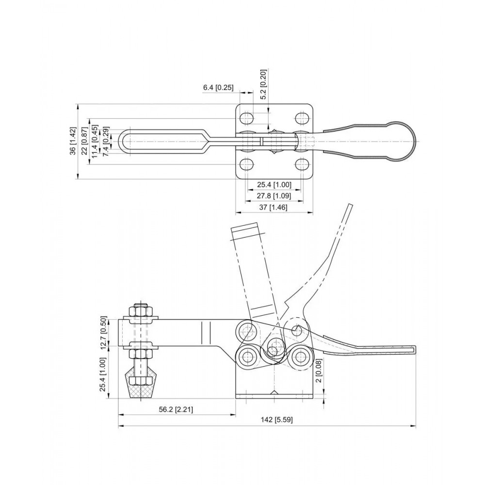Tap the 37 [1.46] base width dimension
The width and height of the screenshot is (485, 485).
(274, 207)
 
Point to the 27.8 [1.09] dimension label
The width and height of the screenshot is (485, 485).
(274, 196)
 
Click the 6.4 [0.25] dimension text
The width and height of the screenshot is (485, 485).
(218, 88)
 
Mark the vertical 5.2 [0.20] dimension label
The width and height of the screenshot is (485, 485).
(263, 84)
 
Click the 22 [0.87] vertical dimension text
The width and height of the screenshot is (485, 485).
(84, 141)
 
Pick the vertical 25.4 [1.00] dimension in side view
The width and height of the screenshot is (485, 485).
(103, 374)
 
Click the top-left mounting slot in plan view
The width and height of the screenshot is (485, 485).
(247, 118)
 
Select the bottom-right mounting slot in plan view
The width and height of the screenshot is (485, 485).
(303, 164)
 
